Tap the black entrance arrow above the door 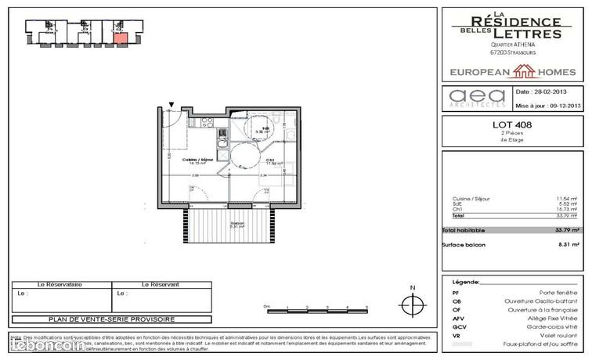pos(172,105)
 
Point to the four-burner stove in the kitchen pos(208,122)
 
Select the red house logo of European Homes pos(523,72)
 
